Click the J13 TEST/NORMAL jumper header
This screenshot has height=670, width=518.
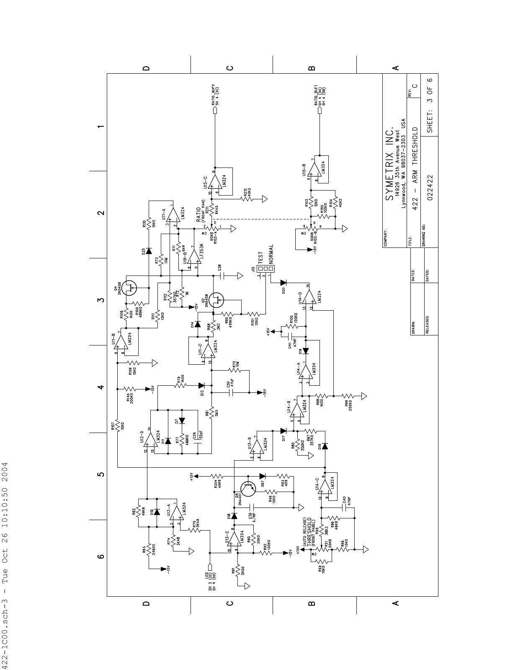[x=265, y=268]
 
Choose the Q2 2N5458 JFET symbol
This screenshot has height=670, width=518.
[x=216, y=300]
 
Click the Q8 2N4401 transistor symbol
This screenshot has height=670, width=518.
[x=248, y=487]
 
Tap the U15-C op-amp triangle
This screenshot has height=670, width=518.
[x=215, y=182]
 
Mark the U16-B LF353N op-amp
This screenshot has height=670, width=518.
[x=194, y=257]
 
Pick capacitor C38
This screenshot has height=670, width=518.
[x=224, y=276]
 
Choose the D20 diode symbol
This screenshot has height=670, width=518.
[x=283, y=283]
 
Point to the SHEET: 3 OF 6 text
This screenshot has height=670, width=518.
[x=430, y=105]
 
